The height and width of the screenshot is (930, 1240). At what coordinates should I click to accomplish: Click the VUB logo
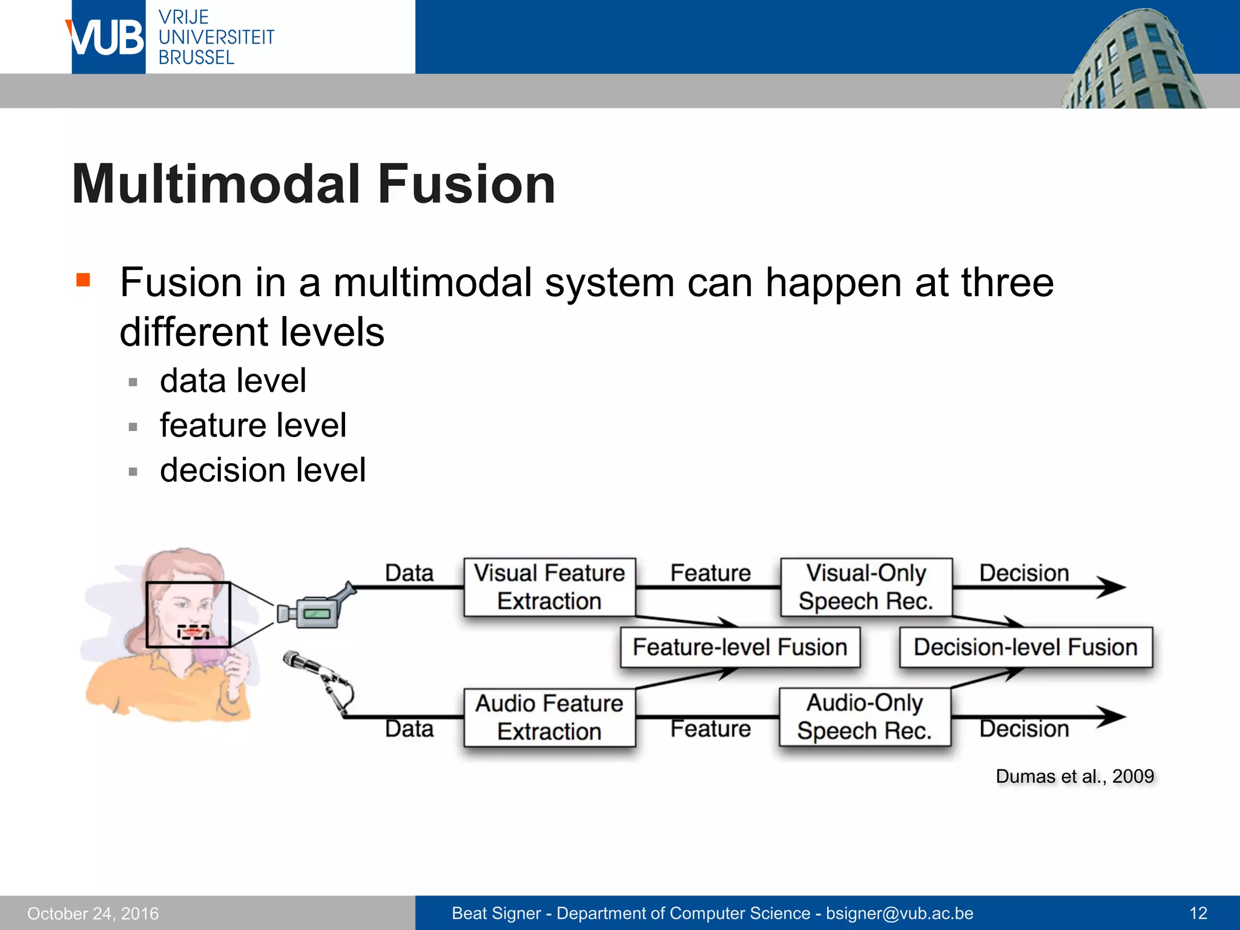[108, 38]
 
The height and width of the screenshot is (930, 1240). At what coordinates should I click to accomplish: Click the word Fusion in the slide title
[466, 185]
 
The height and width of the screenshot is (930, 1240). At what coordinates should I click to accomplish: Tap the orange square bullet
[84, 280]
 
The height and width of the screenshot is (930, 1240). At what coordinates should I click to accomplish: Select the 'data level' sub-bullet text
[233, 381]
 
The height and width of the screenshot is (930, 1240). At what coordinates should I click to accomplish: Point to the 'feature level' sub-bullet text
[253, 425]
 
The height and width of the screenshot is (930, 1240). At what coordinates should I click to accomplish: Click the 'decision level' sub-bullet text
[263, 470]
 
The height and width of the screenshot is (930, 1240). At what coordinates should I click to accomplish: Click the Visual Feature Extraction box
[549, 587]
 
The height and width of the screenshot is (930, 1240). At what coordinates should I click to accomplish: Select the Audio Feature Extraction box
[549, 717]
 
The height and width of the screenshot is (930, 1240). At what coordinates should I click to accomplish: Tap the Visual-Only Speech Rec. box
[866, 587]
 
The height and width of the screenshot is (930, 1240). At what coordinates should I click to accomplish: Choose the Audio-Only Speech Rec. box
[865, 717]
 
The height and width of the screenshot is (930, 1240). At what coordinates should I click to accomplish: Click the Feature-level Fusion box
[740, 647]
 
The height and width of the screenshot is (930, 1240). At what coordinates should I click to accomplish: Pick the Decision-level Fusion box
[1026, 647]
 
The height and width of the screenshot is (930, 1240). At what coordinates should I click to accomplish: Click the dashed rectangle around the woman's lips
[193, 632]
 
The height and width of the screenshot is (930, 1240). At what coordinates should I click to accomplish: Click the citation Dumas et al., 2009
[1075, 776]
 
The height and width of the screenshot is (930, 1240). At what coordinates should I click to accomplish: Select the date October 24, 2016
[93, 914]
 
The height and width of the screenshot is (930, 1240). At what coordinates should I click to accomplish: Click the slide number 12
[1198, 913]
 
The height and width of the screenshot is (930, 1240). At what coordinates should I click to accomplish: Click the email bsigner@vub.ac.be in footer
[900, 913]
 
